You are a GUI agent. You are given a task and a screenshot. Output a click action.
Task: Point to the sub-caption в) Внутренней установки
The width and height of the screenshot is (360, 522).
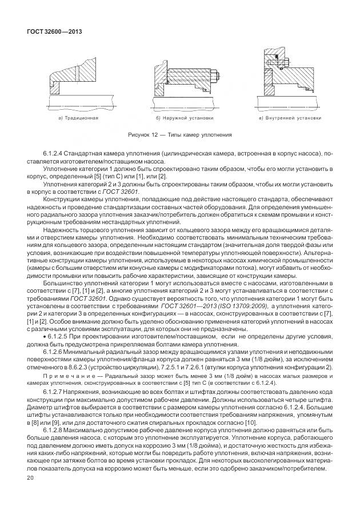[x=290, y=118]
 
